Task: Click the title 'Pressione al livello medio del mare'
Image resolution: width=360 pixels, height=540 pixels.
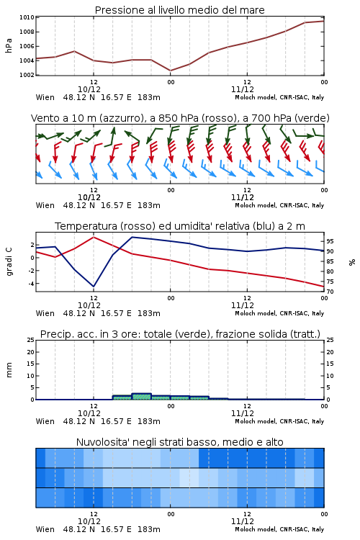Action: point(179,10)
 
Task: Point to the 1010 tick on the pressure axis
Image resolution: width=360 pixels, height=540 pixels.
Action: point(27,17)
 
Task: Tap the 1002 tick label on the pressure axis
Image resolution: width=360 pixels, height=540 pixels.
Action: point(27,75)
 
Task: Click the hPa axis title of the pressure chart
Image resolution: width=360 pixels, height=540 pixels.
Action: point(9,45)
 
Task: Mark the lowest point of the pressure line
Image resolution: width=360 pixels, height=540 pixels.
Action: point(170,71)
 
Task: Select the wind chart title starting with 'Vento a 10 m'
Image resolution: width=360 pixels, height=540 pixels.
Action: point(180,118)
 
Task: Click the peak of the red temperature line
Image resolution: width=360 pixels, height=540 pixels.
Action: point(94,237)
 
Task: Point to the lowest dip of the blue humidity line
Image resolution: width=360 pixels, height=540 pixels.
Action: point(94,287)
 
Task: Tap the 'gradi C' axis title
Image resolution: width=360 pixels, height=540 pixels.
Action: point(9,261)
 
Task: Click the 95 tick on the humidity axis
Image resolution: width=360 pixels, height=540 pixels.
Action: point(330,241)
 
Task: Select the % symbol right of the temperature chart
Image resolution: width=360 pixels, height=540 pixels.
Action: point(352,262)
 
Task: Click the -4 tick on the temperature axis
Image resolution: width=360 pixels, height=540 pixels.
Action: point(31,284)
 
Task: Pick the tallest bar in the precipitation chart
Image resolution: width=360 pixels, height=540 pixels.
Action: point(142,397)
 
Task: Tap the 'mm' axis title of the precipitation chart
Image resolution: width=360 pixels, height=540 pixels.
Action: point(9,370)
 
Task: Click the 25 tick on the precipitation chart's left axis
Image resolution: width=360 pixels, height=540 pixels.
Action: point(31,340)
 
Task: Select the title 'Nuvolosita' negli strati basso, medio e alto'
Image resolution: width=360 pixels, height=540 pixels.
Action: point(179,442)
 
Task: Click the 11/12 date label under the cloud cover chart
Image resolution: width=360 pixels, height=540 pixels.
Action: point(243,521)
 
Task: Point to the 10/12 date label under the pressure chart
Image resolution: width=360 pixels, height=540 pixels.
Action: point(89,89)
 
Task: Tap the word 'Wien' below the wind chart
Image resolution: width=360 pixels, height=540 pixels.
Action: point(45,205)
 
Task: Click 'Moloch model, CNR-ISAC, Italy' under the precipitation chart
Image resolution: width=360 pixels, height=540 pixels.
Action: point(279,421)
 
